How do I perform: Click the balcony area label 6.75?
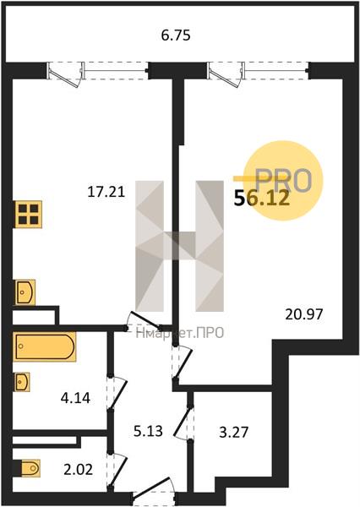click(x=176, y=35)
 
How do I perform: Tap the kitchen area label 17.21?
click(x=106, y=193)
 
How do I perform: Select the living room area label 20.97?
click(x=303, y=314)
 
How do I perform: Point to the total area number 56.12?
click(x=261, y=198)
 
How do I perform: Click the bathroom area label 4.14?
click(x=75, y=398)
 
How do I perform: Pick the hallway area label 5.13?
click(x=148, y=431)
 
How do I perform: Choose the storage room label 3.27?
click(x=233, y=432)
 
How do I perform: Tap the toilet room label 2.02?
click(x=78, y=470)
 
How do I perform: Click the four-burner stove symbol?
click(x=29, y=215)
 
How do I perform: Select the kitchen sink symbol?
click(x=25, y=292)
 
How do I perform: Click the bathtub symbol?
click(x=45, y=346)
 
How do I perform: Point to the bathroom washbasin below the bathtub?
click(x=22, y=382)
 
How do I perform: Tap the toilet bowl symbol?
click(x=30, y=468)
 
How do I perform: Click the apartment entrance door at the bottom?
click(x=154, y=492)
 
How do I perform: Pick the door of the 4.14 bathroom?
click(x=117, y=393)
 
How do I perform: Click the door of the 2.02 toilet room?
click(x=117, y=470)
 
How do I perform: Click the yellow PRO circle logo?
click(x=283, y=181)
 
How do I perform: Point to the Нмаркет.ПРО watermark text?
click(x=180, y=333)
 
